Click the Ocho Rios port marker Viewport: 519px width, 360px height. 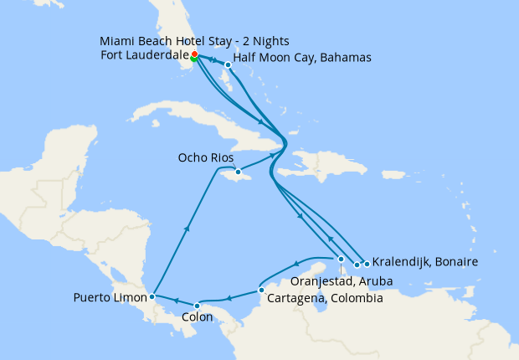coord(238,172)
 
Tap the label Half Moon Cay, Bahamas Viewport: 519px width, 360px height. coord(302,58)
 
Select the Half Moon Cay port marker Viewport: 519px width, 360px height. coord(228,64)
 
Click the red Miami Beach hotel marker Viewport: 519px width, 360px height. coord(194,54)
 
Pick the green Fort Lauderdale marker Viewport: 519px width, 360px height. coord(194,59)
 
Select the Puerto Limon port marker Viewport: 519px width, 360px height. coord(152,296)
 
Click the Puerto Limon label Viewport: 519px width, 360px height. coord(110,297)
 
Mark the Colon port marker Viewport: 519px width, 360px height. coord(197,306)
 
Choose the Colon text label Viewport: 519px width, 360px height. coord(198,318)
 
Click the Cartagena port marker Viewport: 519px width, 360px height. coord(262,291)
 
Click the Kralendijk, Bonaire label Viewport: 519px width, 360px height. coord(424,262)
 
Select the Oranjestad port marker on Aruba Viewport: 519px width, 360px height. coord(341,259)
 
